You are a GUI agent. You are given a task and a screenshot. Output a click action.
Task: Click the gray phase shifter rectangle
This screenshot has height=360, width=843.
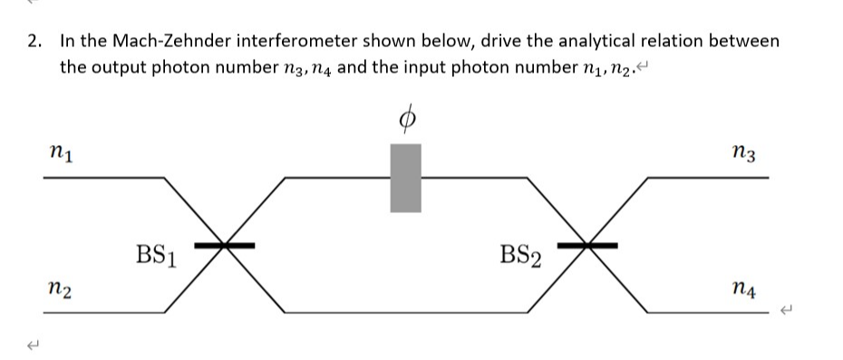405,179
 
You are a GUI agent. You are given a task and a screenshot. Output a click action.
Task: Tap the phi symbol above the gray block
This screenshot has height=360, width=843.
407,117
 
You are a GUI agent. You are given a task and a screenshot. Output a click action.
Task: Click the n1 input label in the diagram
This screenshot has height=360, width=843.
61,152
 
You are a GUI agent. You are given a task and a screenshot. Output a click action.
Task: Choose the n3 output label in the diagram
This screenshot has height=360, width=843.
747,152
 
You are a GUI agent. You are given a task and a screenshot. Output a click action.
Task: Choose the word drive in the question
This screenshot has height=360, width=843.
501,42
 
